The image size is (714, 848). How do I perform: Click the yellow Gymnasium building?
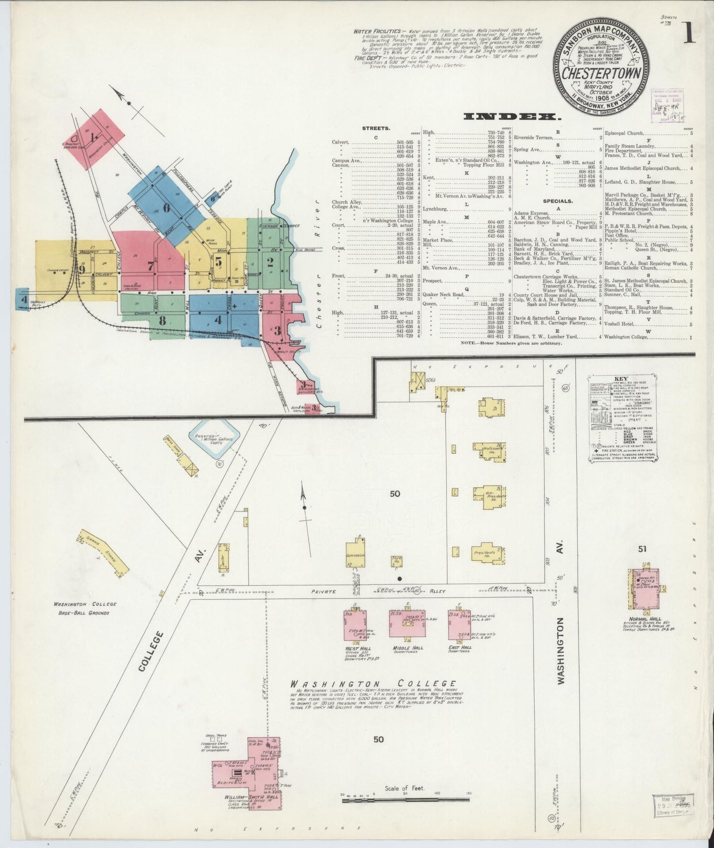(356, 552)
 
